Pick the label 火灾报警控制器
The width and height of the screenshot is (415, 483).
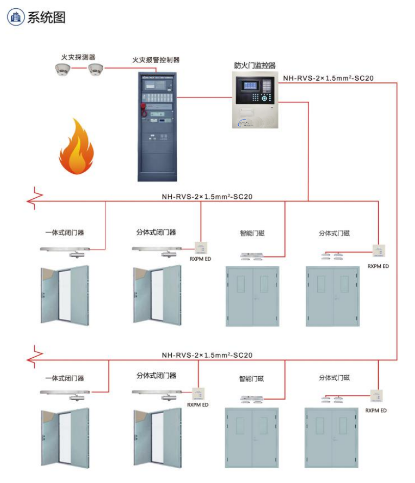click(x=156, y=60)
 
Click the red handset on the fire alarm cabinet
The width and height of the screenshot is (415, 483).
click(x=144, y=108)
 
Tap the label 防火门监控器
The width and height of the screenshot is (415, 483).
click(x=255, y=65)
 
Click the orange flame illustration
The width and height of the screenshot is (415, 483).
click(x=76, y=148)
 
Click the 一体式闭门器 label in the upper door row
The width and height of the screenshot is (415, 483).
click(x=64, y=233)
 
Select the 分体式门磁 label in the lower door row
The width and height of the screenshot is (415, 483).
click(x=334, y=378)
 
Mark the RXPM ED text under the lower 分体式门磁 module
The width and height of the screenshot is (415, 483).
click(x=376, y=410)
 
